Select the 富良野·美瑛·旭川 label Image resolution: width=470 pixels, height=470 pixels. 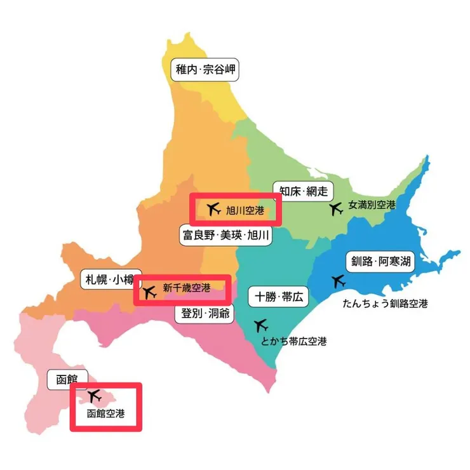tap(226, 236)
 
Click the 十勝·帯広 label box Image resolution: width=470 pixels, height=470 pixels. tap(278, 296)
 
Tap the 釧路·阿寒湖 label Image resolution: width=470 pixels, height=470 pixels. tap(379, 262)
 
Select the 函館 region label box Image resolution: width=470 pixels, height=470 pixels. tap(67, 380)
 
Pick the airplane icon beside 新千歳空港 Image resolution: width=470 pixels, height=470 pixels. tap(150, 292)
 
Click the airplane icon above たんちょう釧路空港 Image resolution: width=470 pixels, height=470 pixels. tap(339, 281)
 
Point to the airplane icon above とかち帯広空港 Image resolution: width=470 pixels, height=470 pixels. tap(260, 326)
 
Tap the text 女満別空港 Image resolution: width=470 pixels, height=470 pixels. tap(372, 206)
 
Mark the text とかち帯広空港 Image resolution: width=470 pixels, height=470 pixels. tap(293, 342)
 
